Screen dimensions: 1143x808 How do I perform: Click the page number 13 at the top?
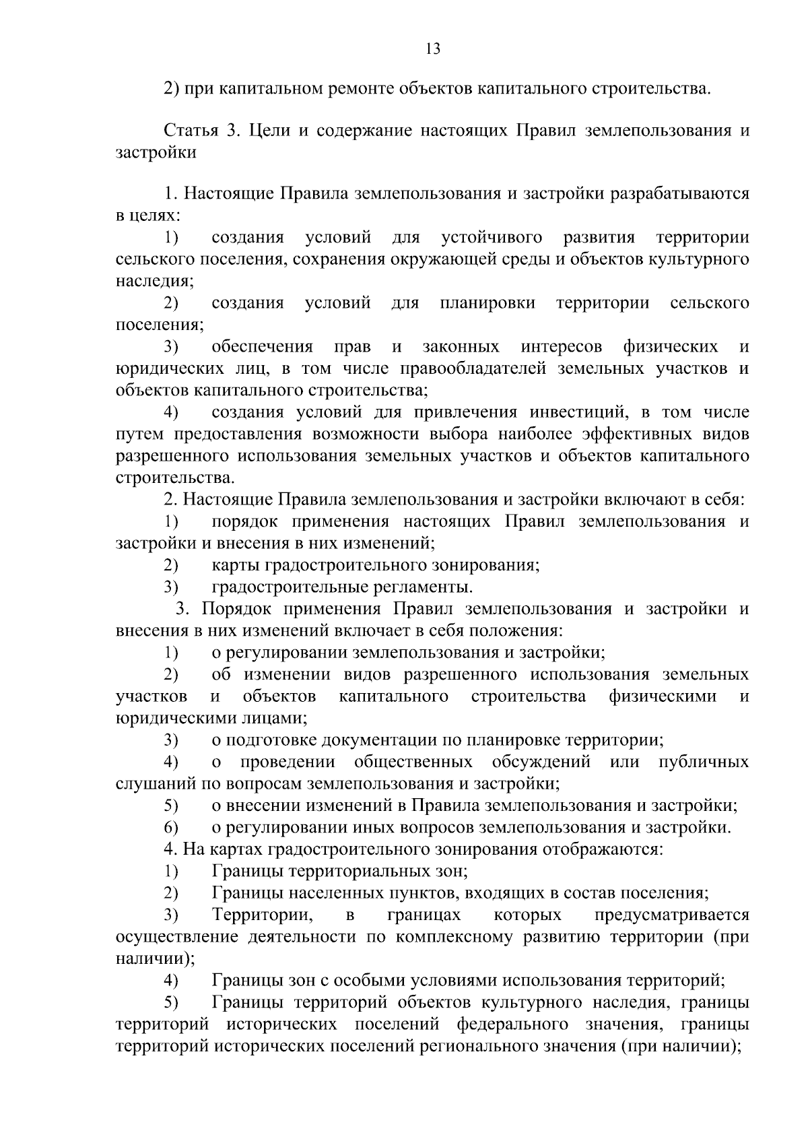click(x=433, y=48)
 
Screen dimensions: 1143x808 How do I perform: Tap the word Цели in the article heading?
click(x=270, y=131)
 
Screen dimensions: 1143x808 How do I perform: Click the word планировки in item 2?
click(x=487, y=303)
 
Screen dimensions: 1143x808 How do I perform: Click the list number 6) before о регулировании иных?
click(x=171, y=828)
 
